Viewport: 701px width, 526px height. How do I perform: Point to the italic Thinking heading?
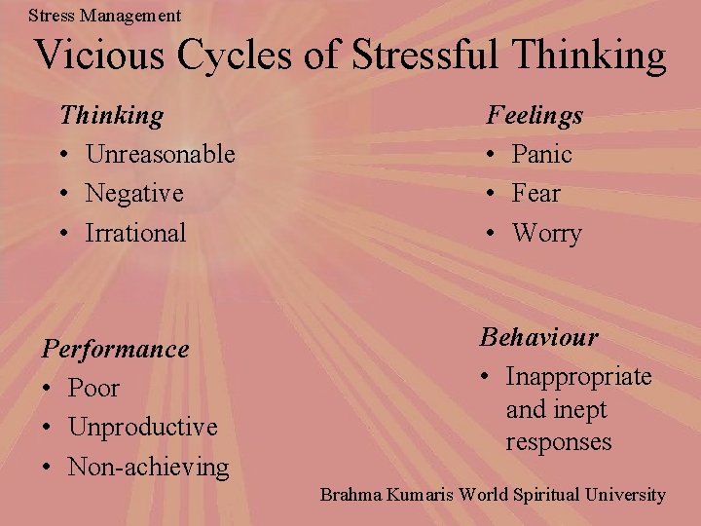tap(111, 115)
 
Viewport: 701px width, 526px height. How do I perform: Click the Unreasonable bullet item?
tap(160, 154)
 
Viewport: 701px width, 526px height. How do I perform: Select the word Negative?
tap(134, 194)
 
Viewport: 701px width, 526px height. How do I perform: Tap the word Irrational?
tap(135, 233)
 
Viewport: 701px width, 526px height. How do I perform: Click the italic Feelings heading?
tap(535, 115)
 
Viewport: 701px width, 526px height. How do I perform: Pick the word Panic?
tap(541, 154)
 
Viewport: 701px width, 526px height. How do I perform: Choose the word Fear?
tap(536, 194)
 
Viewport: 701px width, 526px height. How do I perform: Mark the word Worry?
tap(546, 234)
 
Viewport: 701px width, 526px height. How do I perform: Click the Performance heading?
tap(115, 349)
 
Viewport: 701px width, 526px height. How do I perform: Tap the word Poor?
tap(93, 388)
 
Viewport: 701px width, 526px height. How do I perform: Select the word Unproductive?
tap(142, 427)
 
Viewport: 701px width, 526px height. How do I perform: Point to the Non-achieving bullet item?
tap(148, 467)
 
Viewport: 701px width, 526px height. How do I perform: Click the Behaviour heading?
tap(538, 337)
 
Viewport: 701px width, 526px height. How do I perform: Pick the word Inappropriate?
tap(578, 377)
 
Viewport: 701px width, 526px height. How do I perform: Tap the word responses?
tap(559, 441)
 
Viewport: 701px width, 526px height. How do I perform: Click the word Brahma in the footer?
tap(350, 495)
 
